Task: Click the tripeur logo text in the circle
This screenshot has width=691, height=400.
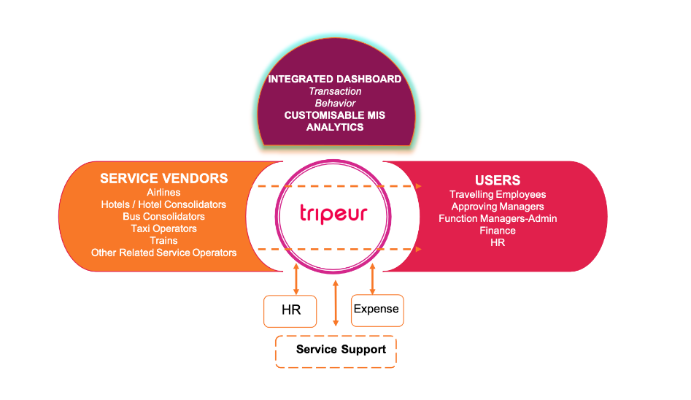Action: (333, 213)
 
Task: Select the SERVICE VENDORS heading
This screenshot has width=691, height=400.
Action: (163, 179)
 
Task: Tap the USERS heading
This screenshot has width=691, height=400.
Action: (498, 180)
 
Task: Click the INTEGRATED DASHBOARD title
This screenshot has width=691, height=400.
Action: (334, 79)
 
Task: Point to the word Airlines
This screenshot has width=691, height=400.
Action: (163, 193)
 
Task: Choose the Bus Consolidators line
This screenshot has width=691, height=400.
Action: (163, 217)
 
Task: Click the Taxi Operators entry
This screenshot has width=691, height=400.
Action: (163, 228)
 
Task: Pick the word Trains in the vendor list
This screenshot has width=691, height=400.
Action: (163, 240)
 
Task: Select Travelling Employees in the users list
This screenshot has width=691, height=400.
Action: (498, 195)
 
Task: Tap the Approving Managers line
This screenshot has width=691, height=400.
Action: (498, 207)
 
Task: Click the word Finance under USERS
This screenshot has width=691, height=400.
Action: (498, 231)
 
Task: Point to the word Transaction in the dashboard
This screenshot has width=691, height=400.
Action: (334, 91)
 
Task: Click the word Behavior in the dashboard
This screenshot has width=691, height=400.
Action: (334, 103)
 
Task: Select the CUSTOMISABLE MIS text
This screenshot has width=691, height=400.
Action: (334, 115)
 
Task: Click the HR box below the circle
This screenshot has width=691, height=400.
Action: (291, 310)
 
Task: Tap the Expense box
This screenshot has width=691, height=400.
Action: (377, 309)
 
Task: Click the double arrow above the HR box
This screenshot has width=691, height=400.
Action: (296, 279)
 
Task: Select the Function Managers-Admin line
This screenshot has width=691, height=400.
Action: (498, 219)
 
